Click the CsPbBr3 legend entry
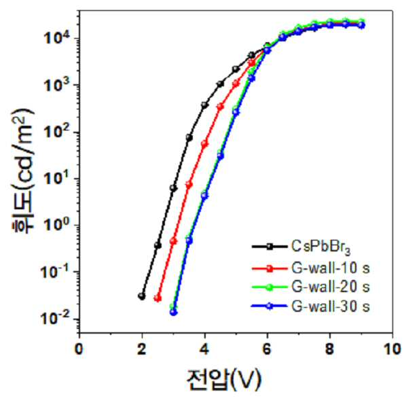point(321,247)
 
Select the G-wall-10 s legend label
point(331,268)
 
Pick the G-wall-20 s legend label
point(331,287)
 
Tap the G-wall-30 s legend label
point(331,306)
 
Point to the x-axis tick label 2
point(142,349)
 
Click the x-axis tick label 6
point(267,349)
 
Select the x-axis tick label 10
point(392,349)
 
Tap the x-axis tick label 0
point(79,349)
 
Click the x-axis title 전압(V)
point(223,380)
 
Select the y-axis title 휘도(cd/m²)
point(23,171)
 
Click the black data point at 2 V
point(142,296)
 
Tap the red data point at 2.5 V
point(157,299)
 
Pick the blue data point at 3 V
point(174,312)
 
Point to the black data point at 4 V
point(204,105)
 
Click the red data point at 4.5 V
point(221,107)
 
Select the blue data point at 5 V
point(236,112)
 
